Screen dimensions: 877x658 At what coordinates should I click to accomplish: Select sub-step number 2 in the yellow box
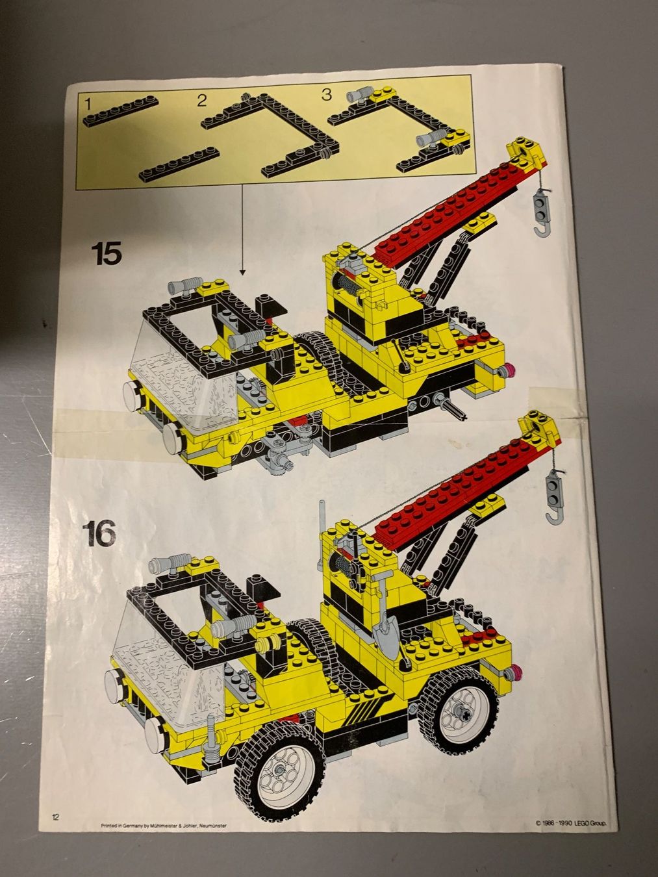201,100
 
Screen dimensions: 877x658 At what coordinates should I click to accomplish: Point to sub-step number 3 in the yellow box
326,95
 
